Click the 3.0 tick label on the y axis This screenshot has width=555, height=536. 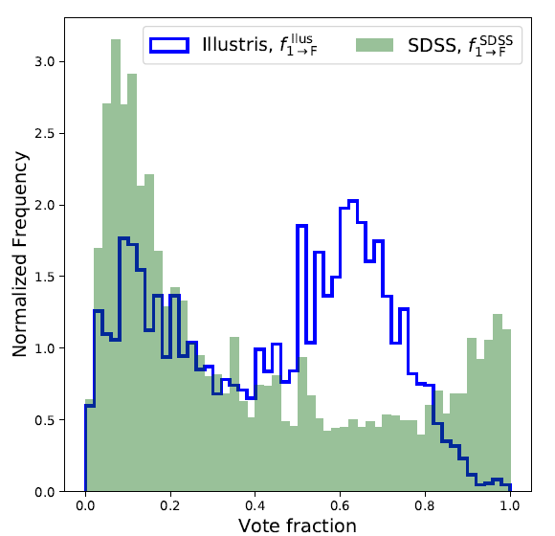tap(45, 62)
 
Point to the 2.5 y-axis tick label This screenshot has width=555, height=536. tap(45, 134)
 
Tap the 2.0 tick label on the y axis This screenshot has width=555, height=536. tap(45, 206)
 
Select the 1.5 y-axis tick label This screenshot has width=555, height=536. tap(45, 277)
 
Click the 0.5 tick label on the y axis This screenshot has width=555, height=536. tap(45, 420)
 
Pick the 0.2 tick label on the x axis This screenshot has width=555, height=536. tap(170, 505)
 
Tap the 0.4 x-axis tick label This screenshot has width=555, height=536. tap(255, 505)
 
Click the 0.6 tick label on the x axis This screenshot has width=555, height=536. tap(340, 505)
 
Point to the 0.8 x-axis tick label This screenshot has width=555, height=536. tap(425, 505)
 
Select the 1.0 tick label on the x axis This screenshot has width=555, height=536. tap(510, 505)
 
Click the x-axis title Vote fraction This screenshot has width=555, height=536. tap(298, 525)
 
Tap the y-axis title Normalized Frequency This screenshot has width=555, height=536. tap(20, 255)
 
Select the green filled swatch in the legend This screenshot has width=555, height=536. tap(374, 45)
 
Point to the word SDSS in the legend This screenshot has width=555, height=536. tap(434, 46)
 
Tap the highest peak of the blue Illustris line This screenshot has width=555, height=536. tap(353, 201)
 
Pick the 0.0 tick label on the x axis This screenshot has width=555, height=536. tap(85, 505)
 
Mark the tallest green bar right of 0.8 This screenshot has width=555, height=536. tap(498, 403)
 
